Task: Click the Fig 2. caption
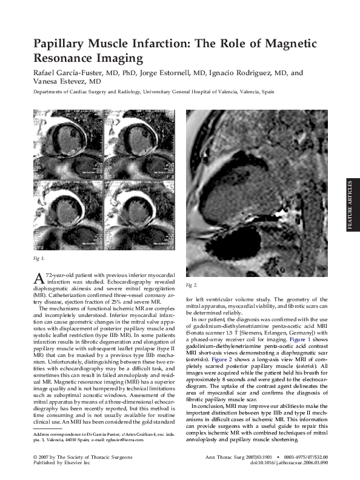tap(192, 285)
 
